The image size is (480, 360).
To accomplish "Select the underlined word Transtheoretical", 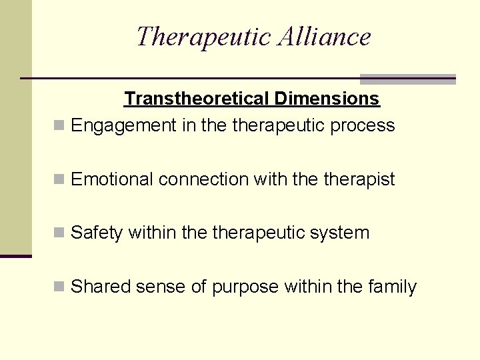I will point(197,99).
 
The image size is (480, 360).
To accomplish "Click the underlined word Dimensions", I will point(327,99).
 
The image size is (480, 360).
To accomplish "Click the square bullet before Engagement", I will point(59,125).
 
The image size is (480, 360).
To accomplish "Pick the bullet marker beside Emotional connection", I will point(59,179).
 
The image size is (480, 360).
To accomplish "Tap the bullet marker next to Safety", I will point(59,233).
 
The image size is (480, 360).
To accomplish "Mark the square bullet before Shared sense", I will point(59,287).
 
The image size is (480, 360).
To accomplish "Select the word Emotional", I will point(112,179).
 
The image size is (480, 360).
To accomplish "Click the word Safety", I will point(97,233).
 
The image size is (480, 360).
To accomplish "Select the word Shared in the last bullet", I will point(101,287).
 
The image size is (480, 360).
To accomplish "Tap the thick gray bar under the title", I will point(407,79).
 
